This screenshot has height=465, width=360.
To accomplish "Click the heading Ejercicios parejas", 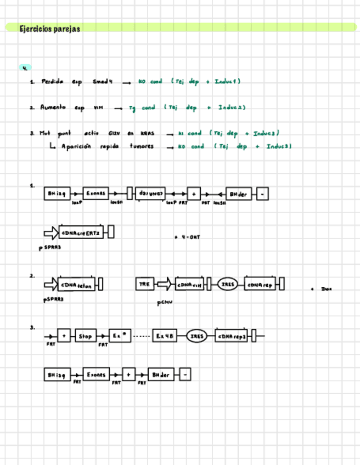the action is [50, 29].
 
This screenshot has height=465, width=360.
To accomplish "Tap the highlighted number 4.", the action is [25, 68].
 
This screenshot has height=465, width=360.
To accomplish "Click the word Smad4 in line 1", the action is [103, 82].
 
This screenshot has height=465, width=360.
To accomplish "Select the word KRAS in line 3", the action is [148, 133].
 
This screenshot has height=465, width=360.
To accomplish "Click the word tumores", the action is [142, 146].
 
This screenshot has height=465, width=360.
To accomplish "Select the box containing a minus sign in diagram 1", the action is [262, 194].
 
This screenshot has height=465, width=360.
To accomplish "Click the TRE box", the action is [144, 284].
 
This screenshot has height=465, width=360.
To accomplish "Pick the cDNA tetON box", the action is [77, 285].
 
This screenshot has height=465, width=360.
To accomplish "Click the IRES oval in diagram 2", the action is [227, 285].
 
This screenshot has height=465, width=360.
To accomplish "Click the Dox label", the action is [326, 289].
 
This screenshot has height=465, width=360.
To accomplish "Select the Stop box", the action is [86, 336].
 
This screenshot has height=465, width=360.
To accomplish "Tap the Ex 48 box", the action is [165, 336].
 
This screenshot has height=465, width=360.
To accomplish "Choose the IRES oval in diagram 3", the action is [196, 336].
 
